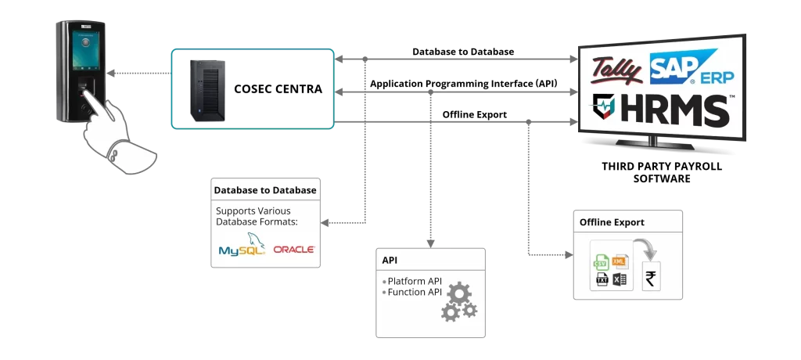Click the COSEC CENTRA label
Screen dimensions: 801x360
coord(278,89)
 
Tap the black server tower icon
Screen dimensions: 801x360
coord(207,91)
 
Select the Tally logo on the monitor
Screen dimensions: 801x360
coord(617,70)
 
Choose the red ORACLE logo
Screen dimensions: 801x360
coord(294,250)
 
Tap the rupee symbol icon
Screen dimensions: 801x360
coord(651,279)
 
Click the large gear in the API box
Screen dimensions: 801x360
coord(458,294)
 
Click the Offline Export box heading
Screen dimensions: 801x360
coord(612,222)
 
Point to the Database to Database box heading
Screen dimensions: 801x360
coord(265,190)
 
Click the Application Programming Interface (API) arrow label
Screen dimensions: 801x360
coord(464,84)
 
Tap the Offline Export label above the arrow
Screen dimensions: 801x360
coord(475,114)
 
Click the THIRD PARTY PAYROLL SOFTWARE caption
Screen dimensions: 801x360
coord(662,172)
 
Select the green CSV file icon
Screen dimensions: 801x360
coord(600,263)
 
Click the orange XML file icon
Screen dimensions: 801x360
coord(620,261)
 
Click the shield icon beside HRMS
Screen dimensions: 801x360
coord(603,106)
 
